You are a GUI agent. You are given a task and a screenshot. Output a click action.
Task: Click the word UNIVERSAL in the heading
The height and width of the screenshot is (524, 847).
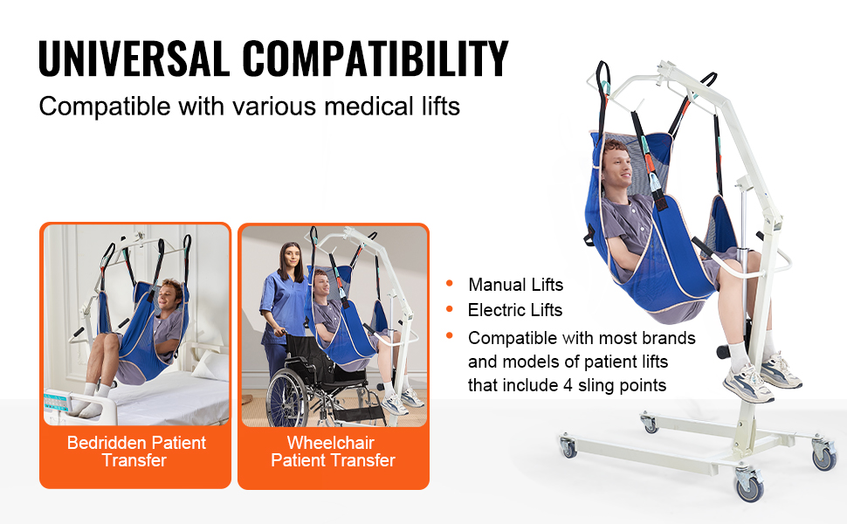(x=134, y=59)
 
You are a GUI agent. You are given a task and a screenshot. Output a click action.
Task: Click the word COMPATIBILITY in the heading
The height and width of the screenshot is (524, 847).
(x=375, y=59)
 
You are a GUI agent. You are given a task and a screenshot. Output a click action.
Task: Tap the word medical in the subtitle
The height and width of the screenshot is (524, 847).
(x=369, y=106)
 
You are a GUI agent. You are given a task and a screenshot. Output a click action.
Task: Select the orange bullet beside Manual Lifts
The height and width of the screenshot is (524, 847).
(x=450, y=283)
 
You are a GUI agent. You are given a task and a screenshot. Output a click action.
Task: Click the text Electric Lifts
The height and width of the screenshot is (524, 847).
(x=515, y=310)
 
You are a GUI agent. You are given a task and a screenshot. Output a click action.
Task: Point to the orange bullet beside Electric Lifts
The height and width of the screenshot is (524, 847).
(x=450, y=309)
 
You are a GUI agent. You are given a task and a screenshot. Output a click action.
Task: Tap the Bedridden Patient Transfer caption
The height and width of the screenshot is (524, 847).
(x=135, y=452)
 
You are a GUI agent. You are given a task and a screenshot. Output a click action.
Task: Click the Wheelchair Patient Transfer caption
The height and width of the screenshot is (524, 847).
(x=333, y=452)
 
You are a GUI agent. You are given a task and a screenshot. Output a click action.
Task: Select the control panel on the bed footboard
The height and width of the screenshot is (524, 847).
(x=57, y=402)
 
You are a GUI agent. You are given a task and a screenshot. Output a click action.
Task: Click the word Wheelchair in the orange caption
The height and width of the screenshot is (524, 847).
(x=331, y=443)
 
